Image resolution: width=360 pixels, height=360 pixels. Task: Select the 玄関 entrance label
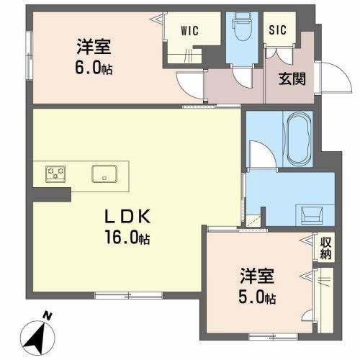pos(292,78)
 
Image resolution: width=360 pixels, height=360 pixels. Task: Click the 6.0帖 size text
pos(94,70)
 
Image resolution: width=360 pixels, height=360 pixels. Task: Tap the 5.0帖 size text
pos(258,297)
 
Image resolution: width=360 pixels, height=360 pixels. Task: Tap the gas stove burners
pos(57,173)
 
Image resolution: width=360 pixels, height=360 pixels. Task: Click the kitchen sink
pos(105,174)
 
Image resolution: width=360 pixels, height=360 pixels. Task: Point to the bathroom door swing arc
pos(261,156)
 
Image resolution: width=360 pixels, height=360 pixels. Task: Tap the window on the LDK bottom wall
pos(119,294)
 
